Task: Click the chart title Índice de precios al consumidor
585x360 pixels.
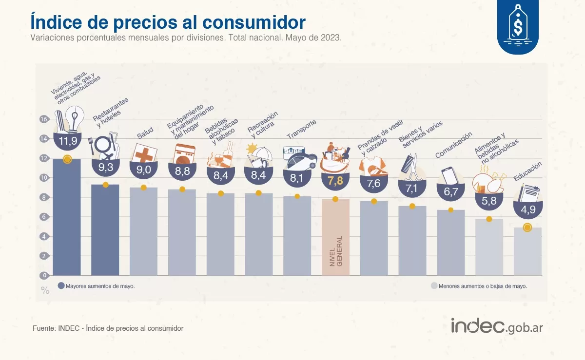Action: (168, 22)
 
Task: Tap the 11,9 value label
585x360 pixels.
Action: (67, 142)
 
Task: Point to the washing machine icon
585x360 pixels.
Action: (184, 154)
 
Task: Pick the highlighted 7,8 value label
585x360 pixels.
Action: (335, 181)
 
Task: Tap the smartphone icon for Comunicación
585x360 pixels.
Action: (449, 176)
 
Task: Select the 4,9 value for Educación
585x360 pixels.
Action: (527, 210)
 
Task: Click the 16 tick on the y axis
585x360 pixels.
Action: (43, 119)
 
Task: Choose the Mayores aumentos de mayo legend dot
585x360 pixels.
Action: (61, 286)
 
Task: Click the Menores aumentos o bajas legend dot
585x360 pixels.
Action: (434, 286)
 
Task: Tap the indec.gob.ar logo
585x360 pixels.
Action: (497, 326)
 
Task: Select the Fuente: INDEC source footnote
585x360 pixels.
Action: (108, 328)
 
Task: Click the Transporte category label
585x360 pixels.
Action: (302, 129)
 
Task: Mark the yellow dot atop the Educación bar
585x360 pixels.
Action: (527, 227)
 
